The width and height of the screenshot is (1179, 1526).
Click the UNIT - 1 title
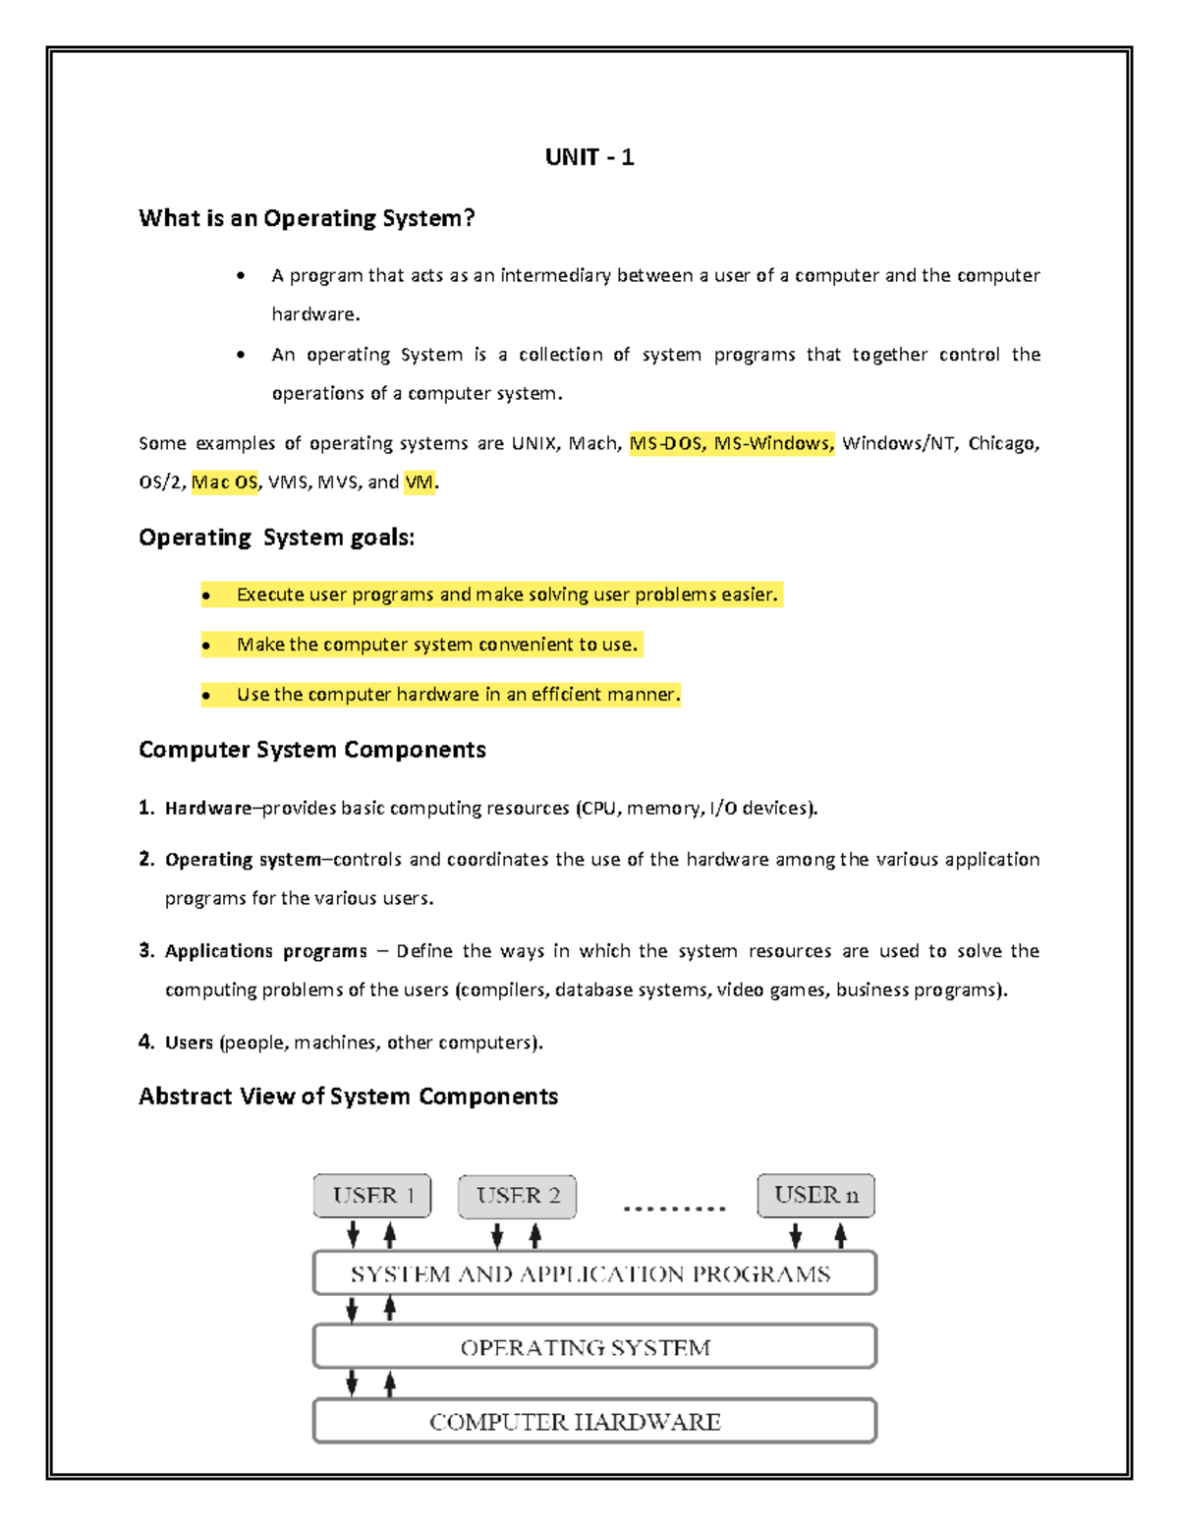pos(589,157)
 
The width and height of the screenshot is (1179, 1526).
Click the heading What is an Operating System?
pos(307,218)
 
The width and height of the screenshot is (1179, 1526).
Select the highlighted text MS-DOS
pos(666,443)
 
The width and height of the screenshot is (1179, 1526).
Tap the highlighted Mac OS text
pos(224,482)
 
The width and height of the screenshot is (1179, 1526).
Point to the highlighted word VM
pos(419,482)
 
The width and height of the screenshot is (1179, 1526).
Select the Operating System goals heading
pos(276,537)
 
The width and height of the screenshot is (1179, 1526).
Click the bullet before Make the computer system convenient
pos(206,646)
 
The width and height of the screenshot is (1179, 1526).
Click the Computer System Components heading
pos(311,750)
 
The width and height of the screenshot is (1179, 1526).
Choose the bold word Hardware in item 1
pos(207,809)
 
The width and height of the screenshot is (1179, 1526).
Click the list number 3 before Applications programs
pos(145,950)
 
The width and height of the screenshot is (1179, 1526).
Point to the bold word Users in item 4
pos(189,1043)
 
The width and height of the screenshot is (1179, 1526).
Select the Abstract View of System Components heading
pos(348,1097)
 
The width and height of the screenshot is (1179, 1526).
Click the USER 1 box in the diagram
pos(372,1196)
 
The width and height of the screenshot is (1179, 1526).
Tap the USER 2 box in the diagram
pos(517,1196)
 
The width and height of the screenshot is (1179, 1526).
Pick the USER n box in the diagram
pos(815,1196)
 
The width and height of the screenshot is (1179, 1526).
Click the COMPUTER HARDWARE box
pos(594,1421)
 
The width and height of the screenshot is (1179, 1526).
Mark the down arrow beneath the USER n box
pos(796,1235)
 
